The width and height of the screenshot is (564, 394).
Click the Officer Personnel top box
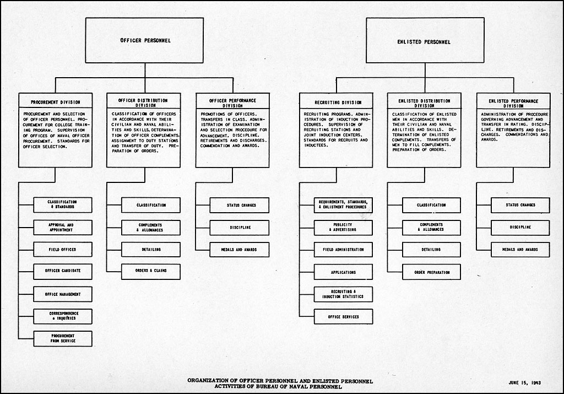click(x=144, y=40)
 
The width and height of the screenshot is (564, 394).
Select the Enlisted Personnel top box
click(x=425, y=40)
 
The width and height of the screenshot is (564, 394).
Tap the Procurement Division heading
click(x=56, y=102)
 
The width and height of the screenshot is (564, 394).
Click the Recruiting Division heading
click(x=338, y=102)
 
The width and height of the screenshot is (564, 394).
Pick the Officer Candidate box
click(x=63, y=272)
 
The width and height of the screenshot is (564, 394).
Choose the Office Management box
click(x=63, y=294)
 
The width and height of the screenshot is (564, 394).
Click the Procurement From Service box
click(x=63, y=338)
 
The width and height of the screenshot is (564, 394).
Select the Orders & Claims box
click(x=151, y=272)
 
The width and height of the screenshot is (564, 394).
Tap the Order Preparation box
click(x=431, y=272)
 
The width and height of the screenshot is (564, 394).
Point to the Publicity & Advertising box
click(x=343, y=228)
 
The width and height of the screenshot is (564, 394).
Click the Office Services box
click(x=343, y=317)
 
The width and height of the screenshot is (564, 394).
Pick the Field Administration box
click(x=343, y=250)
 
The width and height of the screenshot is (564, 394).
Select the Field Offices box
click(x=63, y=250)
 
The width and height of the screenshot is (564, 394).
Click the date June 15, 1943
click(x=525, y=382)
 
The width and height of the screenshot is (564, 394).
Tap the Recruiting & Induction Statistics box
click(x=343, y=294)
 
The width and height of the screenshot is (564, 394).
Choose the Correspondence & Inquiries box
click(x=63, y=316)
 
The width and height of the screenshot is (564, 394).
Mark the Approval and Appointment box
click(x=63, y=228)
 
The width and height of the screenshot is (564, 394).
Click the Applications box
click(x=343, y=272)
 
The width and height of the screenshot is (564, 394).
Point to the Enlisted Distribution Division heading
click(x=425, y=103)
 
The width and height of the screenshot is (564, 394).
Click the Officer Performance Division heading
click(x=233, y=103)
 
